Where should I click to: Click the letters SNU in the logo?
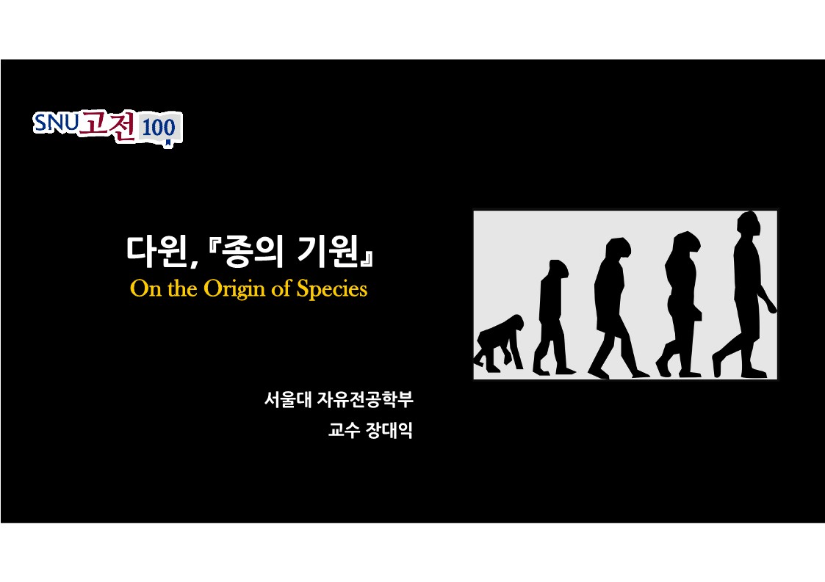[56, 123]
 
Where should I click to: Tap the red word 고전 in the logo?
[108, 125]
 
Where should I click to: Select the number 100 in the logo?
[159, 128]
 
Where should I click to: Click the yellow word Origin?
[234, 289]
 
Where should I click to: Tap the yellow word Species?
[331, 289]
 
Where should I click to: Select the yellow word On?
[145, 288]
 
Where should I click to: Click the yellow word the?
[182, 288]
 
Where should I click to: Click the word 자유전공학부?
[365, 399]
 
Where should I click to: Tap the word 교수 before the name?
[344, 430]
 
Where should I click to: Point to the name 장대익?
[392, 430]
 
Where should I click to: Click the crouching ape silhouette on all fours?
[499, 343]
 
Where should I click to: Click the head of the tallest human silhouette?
[749, 225]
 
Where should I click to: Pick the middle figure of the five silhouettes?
[616, 308]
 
